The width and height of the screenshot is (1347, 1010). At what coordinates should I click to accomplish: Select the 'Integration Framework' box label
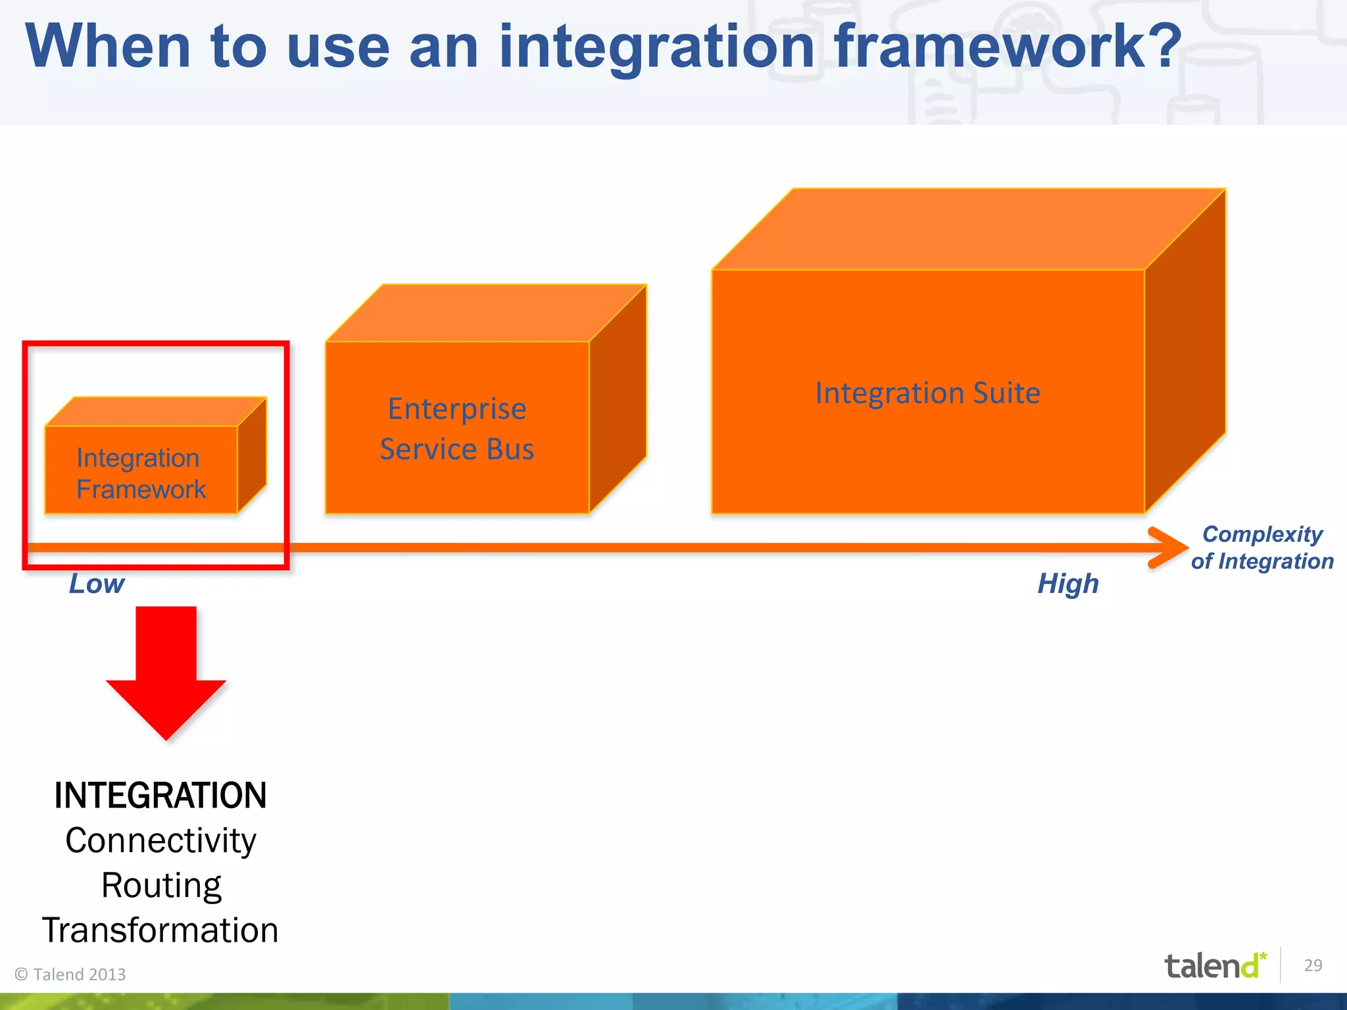click(140, 473)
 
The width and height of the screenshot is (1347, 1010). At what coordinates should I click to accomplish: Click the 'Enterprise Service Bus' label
click(457, 429)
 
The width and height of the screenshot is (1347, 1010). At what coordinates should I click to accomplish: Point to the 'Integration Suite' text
click(927, 393)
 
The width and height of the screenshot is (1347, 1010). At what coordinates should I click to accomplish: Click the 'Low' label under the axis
click(97, 584)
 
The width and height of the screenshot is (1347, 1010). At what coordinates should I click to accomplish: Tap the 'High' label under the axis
click(1068, 584)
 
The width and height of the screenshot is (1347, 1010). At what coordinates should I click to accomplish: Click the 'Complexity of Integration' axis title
click(1261, 547)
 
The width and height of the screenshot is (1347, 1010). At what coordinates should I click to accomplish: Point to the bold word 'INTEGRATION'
click(160, 796)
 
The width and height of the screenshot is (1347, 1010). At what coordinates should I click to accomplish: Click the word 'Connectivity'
click(160, 841)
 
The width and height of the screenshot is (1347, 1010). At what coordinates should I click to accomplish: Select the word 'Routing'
click(161, 886)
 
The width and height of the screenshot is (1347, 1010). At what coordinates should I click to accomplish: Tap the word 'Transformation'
click(160, 930)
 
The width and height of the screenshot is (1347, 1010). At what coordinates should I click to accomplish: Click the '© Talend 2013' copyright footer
click(70, 974)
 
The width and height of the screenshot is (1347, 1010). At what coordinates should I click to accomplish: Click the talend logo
click(1214, 966)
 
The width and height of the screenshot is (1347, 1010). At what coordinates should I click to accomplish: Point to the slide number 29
click(1313, 965)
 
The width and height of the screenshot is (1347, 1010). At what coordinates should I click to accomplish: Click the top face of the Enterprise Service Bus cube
click(487, 313)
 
